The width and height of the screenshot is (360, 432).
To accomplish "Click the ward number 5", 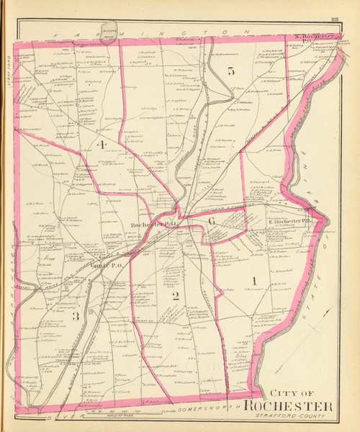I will (230, 71).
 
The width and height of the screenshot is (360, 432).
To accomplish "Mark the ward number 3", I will (75, 318).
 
